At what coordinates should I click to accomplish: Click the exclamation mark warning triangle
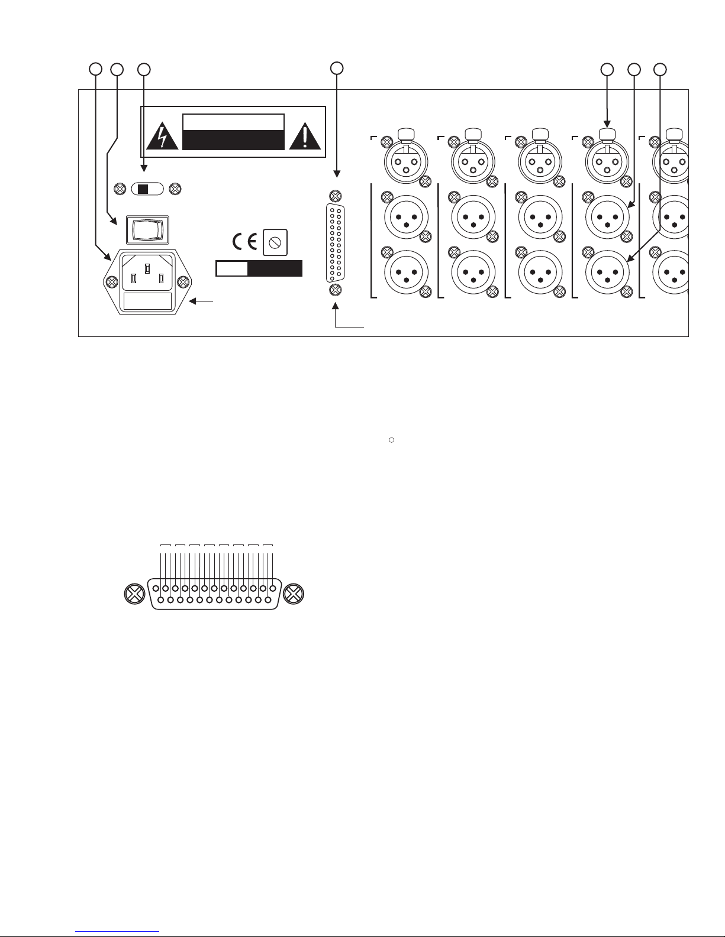coord(305,137)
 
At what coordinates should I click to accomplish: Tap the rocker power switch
coord(146,229)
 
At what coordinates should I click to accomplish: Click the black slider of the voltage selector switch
coord(143,189)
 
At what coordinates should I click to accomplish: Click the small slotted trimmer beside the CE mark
coord(275,242)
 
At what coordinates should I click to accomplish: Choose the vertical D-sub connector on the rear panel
coord(335,243)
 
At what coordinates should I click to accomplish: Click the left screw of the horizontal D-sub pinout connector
coord(135,595)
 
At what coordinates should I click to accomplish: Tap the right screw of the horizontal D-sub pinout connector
coord(294,595)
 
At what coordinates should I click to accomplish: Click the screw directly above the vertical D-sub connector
coord(335,196)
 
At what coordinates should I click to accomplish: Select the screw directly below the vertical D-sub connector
coord(335,290)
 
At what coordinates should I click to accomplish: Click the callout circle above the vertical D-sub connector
coord(337,68)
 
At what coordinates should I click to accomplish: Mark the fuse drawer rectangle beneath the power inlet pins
coord(147,302)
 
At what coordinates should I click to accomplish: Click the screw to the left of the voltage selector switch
coord(119,189)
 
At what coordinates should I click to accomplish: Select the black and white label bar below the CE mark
coord(259,268)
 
